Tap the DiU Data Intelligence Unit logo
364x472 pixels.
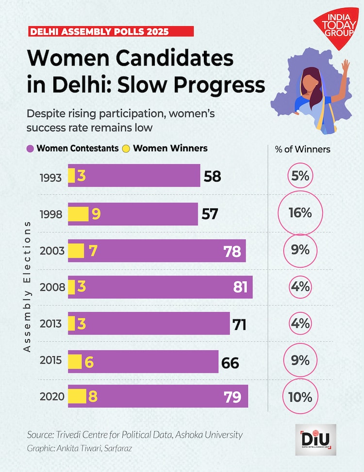315,440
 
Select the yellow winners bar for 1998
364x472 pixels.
78,214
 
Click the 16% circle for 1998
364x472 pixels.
300,213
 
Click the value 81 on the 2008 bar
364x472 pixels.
241,287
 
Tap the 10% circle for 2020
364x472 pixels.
300,397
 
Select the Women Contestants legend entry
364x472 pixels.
73,148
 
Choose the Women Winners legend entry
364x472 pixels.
165,148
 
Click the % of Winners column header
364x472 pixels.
302,149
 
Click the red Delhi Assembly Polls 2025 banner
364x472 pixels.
111,31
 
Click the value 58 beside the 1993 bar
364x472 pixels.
212,176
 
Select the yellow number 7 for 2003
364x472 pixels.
93,251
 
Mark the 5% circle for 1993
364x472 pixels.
300,176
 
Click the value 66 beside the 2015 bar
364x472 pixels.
231,362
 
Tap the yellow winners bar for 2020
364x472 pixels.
77,396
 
